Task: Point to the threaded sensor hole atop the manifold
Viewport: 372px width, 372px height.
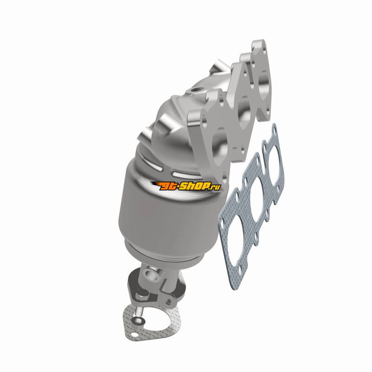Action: [196, 90]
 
